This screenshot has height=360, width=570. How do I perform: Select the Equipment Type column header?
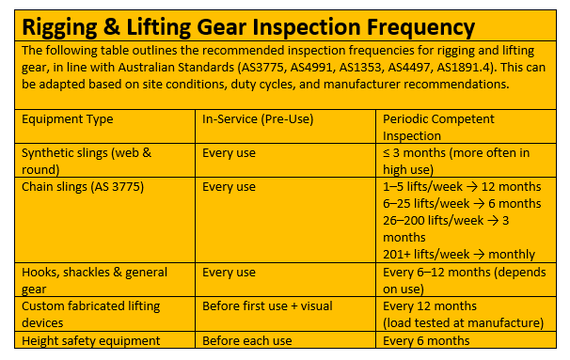67,119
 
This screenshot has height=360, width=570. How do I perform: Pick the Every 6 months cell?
426,340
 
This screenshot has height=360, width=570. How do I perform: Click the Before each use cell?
246,340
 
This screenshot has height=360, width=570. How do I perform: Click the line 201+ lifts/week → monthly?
459,255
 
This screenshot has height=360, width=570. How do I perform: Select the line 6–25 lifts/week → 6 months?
462,204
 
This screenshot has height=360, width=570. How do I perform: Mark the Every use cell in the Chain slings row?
229,187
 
